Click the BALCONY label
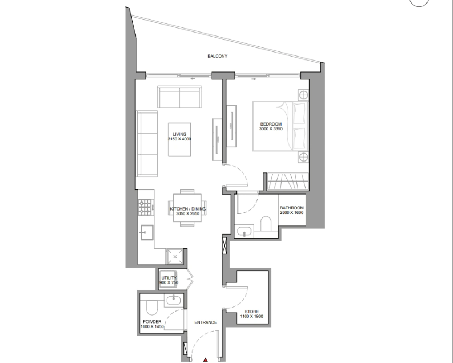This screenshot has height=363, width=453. [x=217, y=56]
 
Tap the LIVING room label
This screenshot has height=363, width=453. [x=179, y=134]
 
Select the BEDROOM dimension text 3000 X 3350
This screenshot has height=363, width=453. [x=271, y=129]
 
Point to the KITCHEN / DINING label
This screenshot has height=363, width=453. [x=188, y=209]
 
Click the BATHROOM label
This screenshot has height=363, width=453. [x=291, y=208]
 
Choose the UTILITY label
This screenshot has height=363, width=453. [x=169, y=278]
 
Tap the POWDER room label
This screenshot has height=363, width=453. [x=152, y=322]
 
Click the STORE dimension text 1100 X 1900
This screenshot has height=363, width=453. [x=251, y=316]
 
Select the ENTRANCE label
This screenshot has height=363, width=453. [x=205, y=323]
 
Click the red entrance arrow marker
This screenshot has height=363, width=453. [x=205, y=360]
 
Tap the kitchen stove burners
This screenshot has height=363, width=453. [x=145, y=207]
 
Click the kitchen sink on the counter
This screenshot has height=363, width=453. [x=147, y=232]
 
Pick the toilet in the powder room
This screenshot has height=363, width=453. [x=151, y=307]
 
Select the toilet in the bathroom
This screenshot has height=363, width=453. [x=266, y=224]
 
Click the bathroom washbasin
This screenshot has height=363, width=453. [x=245, y=231]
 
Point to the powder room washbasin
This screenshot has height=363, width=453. [x=174, y=300]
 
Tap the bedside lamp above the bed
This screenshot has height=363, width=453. [x=303, y=95]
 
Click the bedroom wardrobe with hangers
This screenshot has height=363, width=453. [x=288, y=181]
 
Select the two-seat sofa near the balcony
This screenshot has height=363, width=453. [x=179, y=97]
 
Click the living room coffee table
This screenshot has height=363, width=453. [x=179, y=139]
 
